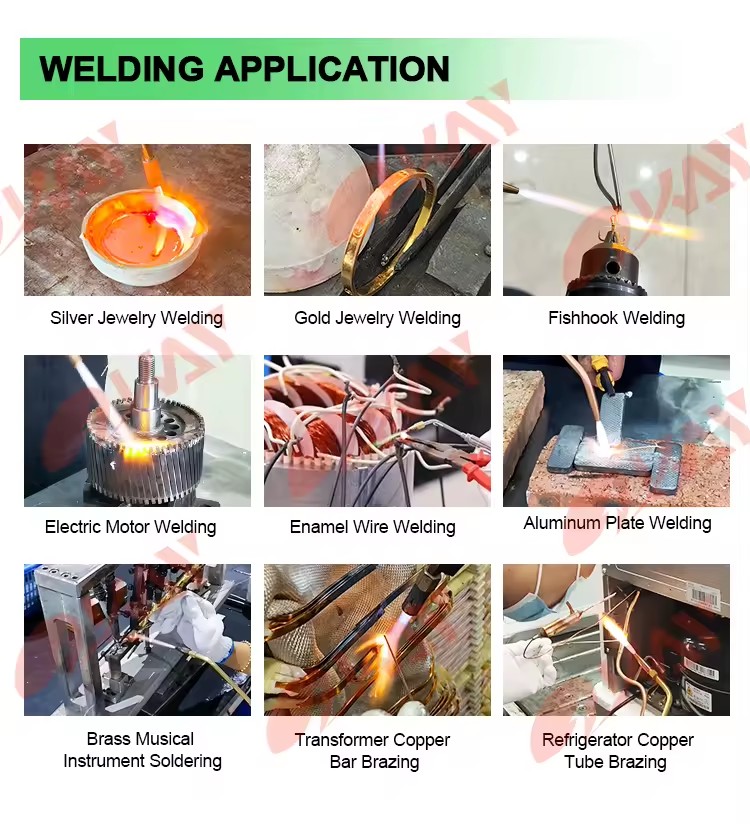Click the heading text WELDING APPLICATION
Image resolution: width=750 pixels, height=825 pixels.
click(244, 68)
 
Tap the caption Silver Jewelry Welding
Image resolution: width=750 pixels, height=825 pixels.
click(136, 318)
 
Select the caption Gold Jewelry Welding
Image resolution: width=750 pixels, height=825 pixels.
click(377, 318)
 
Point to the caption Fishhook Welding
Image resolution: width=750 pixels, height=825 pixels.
click(616, 318)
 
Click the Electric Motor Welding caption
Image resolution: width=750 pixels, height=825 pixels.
click(131, 527)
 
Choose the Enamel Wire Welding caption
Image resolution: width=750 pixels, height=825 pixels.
click(373, 527)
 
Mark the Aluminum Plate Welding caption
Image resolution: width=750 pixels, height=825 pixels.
click(617, 523)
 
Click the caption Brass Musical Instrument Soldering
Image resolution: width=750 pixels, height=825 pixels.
click(142, 750)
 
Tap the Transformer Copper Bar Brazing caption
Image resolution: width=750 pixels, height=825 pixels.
click(373, 751)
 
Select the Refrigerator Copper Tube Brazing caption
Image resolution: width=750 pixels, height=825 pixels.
click(617, 751)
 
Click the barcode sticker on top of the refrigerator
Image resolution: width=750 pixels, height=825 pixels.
click(703, 598)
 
